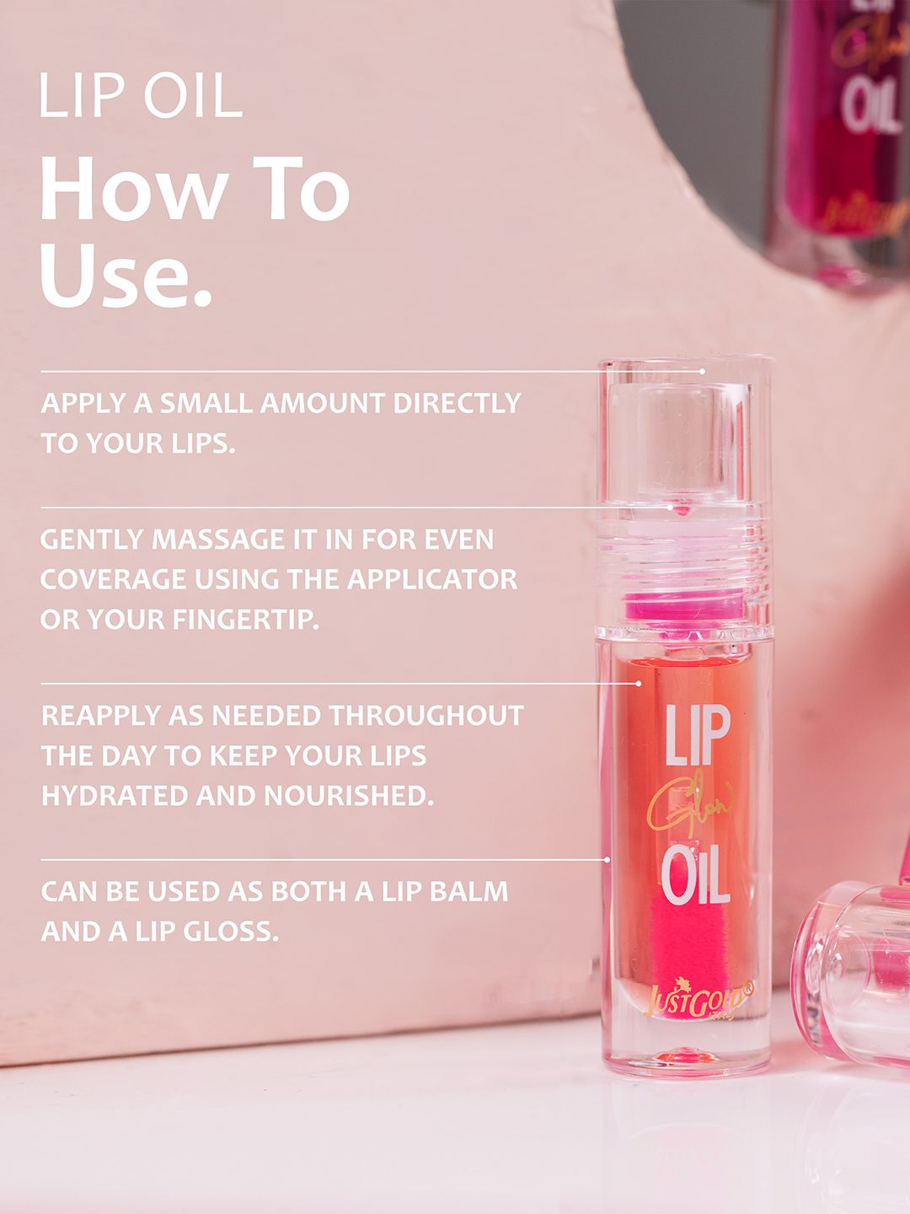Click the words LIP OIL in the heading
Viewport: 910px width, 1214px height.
[x=141, y=95]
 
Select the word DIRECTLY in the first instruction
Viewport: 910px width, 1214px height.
[x=457, y=403]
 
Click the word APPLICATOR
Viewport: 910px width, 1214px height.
[x=432, y=579]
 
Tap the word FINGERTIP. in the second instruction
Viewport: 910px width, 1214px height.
[x=245, y=620]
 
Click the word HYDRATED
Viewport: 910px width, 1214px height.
[x=115, y=796]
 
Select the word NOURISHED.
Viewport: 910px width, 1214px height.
[x=348, y=796]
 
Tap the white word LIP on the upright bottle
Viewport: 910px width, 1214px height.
[x=698, y=735]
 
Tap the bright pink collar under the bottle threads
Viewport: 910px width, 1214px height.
[x=685, y=606]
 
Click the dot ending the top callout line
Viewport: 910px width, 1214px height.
[x=702, y=371]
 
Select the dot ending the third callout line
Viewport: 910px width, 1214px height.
[x=638, y=684]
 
